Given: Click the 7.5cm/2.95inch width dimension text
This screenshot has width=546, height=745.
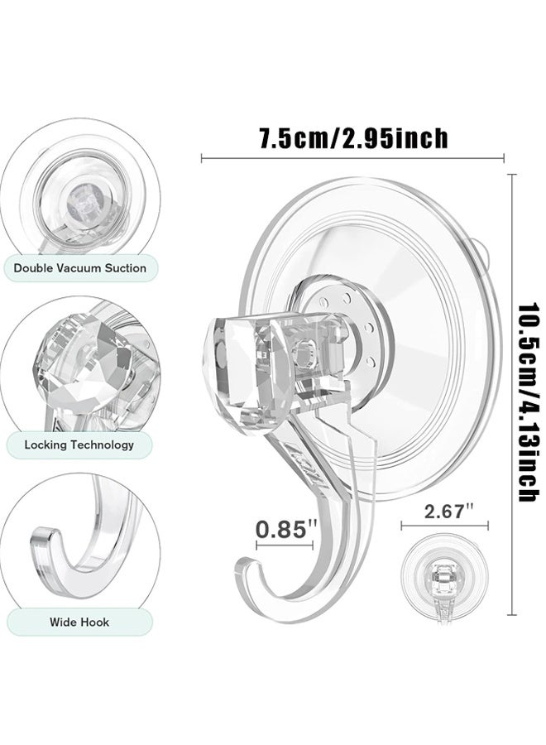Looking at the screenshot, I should [354, 137].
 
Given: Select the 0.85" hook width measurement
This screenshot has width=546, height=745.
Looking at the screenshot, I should [284, 528].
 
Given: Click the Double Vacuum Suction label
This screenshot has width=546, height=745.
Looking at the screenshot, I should [79, 268].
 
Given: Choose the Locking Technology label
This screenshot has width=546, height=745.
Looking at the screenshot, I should [79, 445].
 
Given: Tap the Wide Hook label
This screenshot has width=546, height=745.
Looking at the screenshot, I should [79, 622].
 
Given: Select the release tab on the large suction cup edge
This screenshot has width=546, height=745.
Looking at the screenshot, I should [481, 252].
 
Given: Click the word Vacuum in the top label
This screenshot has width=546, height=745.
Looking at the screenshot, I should [79, 268].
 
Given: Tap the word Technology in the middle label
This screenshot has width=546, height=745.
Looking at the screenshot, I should [101, 445].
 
